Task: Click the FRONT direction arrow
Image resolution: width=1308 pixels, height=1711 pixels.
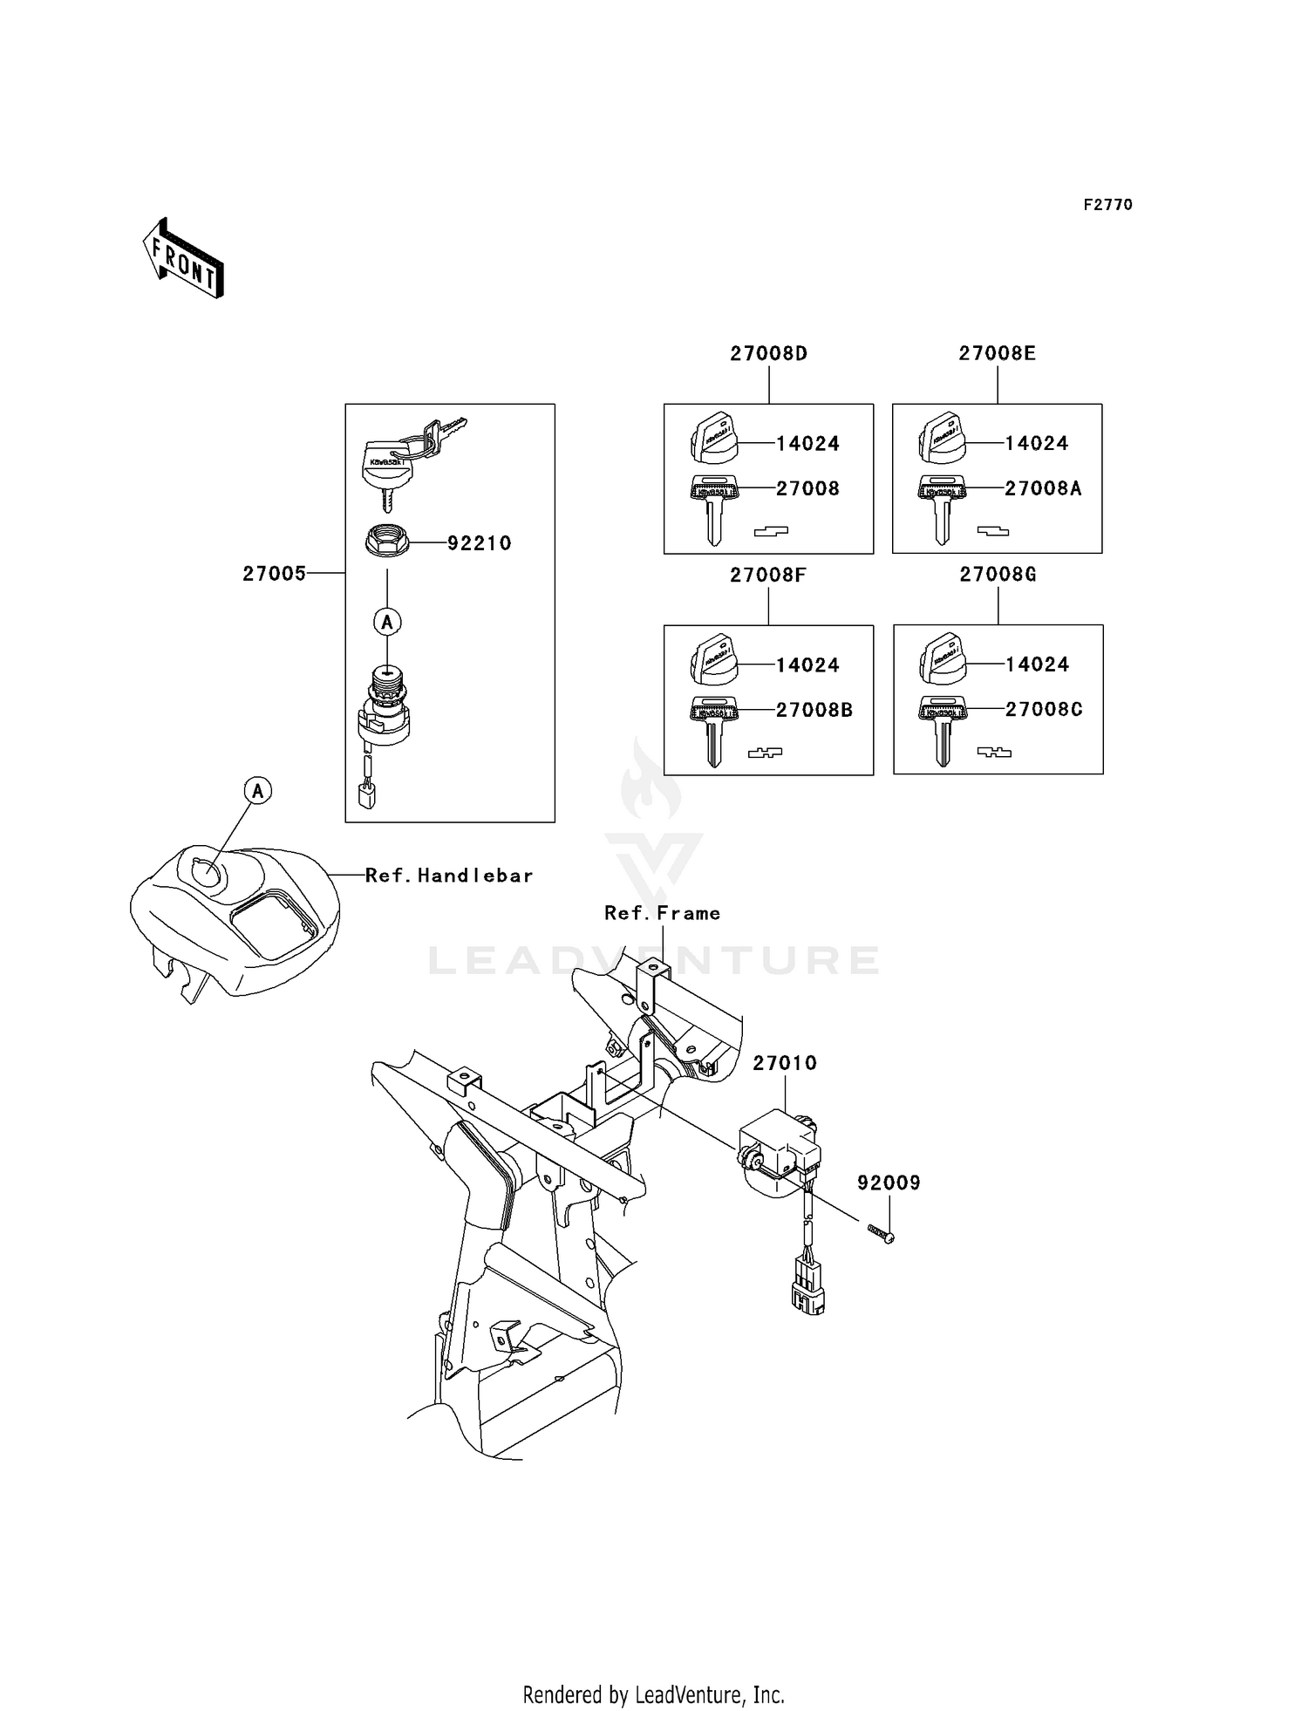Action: pos(183,259)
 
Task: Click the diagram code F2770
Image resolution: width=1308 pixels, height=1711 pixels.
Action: pos(1107,205)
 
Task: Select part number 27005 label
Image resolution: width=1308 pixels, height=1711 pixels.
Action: pos(274,574)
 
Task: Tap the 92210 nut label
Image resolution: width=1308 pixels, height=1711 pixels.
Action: pos(479,543)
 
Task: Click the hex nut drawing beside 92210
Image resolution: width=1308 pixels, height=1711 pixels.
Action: pos(387,541)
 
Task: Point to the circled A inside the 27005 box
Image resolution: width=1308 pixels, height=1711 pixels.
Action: pos(387,623)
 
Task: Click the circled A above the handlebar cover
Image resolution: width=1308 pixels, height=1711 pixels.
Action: pos(257,791)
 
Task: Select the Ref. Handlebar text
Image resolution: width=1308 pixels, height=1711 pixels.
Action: pos(448,876)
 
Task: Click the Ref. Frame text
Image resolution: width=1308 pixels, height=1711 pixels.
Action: pos(662,913)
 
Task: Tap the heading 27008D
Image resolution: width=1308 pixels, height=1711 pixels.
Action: pos(768,353)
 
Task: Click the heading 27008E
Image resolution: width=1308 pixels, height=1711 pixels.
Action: pos(997,353)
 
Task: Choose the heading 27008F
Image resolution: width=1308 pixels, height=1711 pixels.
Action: pos(767,575)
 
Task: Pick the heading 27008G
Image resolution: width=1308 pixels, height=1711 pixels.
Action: pos(998,575)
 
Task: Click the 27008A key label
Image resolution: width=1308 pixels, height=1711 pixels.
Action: pos(1043,489)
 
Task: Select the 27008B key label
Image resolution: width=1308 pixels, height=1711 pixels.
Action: pos(814,711)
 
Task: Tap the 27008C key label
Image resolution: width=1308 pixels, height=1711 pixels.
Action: pos(1043,710)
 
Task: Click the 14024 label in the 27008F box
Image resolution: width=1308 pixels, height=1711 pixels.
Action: pos(807,665)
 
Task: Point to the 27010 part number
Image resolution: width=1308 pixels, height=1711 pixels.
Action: pos(785,1063)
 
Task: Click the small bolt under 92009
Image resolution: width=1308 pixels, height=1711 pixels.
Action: pos(881,1233)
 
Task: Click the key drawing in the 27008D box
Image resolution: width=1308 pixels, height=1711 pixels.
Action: pos(714,510)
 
